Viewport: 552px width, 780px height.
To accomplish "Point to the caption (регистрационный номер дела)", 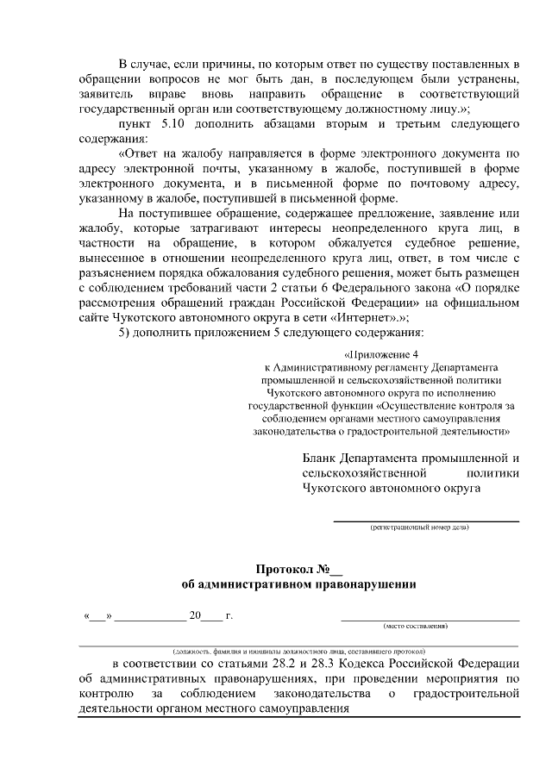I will [x=420, y=527].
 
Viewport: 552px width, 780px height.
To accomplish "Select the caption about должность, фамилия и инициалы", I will [x=298, y=651].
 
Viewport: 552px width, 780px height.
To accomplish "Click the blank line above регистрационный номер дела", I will [x=426, y=520].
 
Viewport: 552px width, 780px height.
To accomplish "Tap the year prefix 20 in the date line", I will [x=194, y=616].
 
